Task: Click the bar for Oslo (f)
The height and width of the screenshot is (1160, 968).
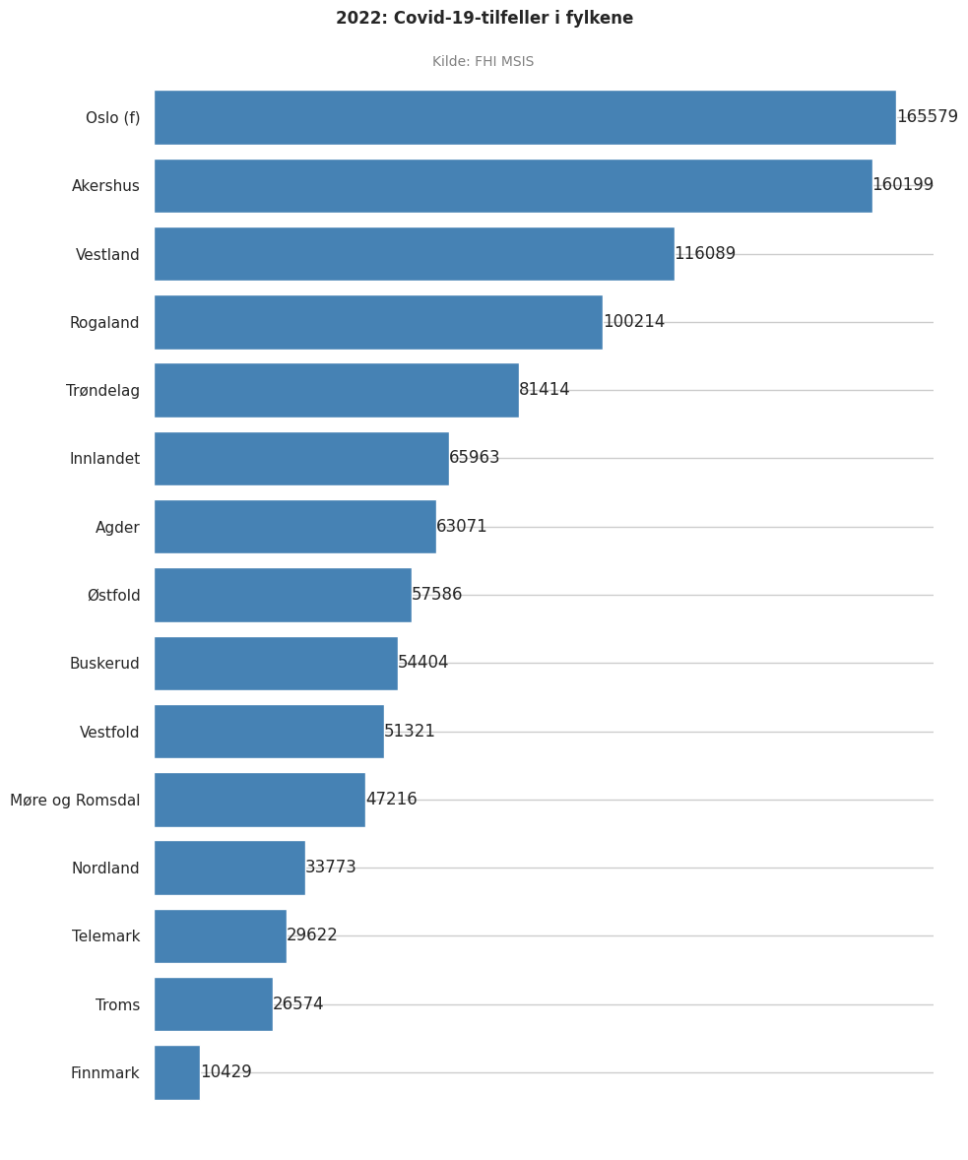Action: [525, 117]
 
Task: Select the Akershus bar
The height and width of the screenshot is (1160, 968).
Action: [513, 186]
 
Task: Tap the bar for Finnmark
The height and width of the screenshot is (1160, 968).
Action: [177, 1072]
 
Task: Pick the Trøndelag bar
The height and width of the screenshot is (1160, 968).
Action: [337, 390]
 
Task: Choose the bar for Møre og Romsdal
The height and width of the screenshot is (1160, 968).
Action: [260, 800]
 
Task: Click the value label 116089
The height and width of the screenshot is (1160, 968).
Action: [705, 254]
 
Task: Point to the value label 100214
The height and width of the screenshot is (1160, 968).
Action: [634, 322]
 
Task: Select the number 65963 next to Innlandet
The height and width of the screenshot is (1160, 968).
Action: [475, 458]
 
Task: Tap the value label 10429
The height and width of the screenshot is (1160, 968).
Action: [226, 1072]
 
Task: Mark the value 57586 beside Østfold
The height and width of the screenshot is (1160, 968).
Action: [437, 595]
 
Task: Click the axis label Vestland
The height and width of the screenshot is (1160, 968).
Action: [107, 255]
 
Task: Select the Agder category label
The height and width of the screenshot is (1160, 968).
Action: [117, 528]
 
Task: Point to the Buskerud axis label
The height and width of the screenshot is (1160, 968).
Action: [104, 664]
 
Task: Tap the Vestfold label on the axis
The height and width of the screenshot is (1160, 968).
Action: [109, 733]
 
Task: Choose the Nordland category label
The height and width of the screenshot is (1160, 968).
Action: [105, 869]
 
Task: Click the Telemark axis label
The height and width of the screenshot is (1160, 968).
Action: [105, 936]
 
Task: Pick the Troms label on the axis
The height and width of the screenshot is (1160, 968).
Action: [117, 1005]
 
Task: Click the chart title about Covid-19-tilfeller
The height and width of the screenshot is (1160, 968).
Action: [484, 19]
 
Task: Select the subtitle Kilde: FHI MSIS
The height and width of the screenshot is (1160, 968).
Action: [484, 62]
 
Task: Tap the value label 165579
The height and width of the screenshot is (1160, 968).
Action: [928, 117]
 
